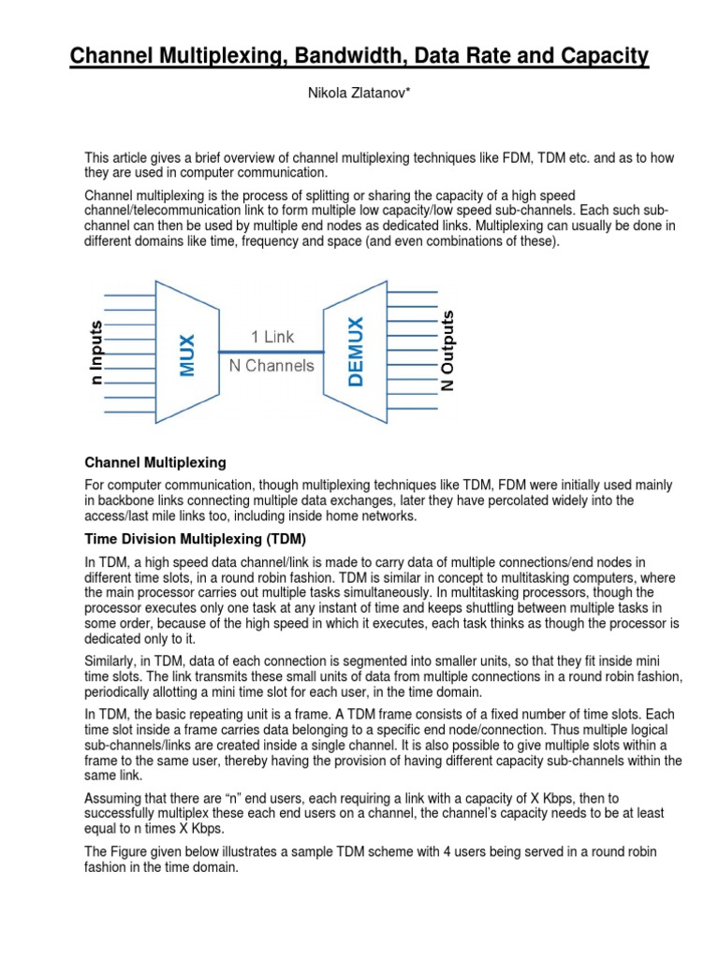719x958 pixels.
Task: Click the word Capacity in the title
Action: coord(596,58)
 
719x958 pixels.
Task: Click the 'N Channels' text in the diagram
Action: coord(272,366)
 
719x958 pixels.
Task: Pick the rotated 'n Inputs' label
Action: coord(96,352)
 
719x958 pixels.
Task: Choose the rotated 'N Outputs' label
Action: coord(448,351)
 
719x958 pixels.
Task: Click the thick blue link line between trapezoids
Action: coord(272,351)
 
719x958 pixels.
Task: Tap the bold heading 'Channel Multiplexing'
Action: coord(155,462)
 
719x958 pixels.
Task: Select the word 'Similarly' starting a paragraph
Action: coord(113,659)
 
